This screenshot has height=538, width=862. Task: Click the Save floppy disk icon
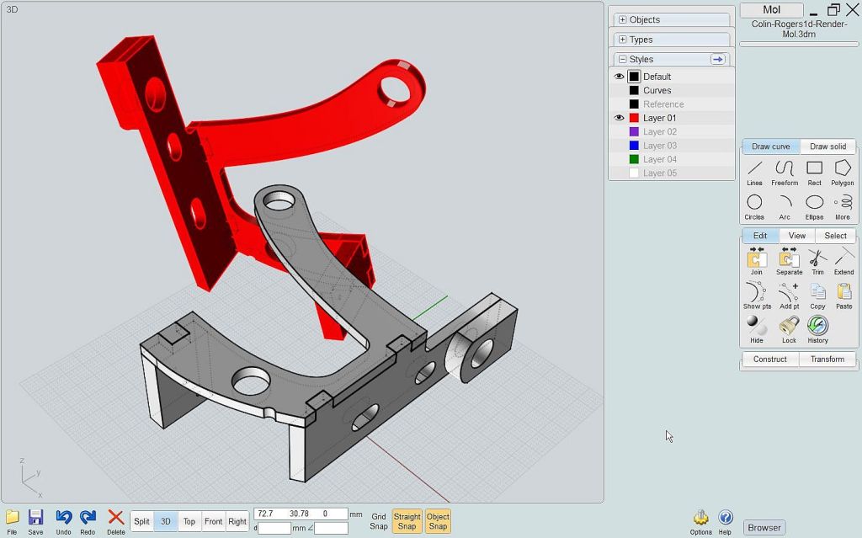point(35,518)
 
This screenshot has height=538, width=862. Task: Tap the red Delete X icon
point(116,517)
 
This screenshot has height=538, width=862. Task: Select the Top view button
point(189,521)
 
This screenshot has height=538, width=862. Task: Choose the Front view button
point(213,521)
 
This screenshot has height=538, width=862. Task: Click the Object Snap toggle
point(438,521)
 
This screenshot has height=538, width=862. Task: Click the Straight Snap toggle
point(407,521)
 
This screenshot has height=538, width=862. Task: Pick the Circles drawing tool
point(754,202)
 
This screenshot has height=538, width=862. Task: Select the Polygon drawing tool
point(842,168)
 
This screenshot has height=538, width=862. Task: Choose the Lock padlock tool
point(789,326)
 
